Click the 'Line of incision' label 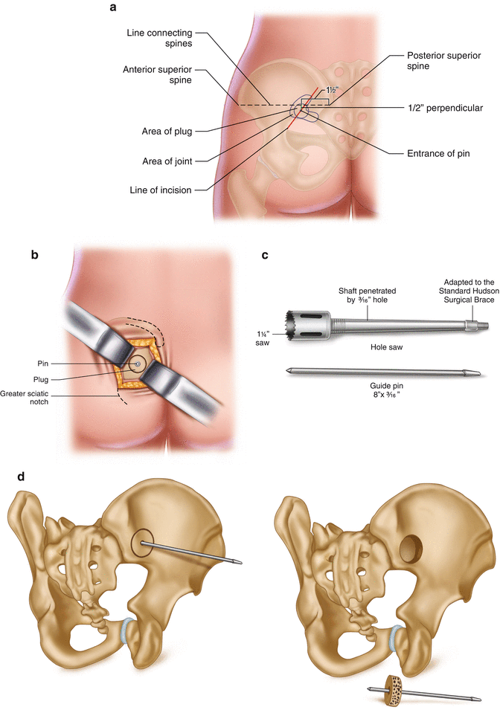pyautogui.click(x=159, y=190)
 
